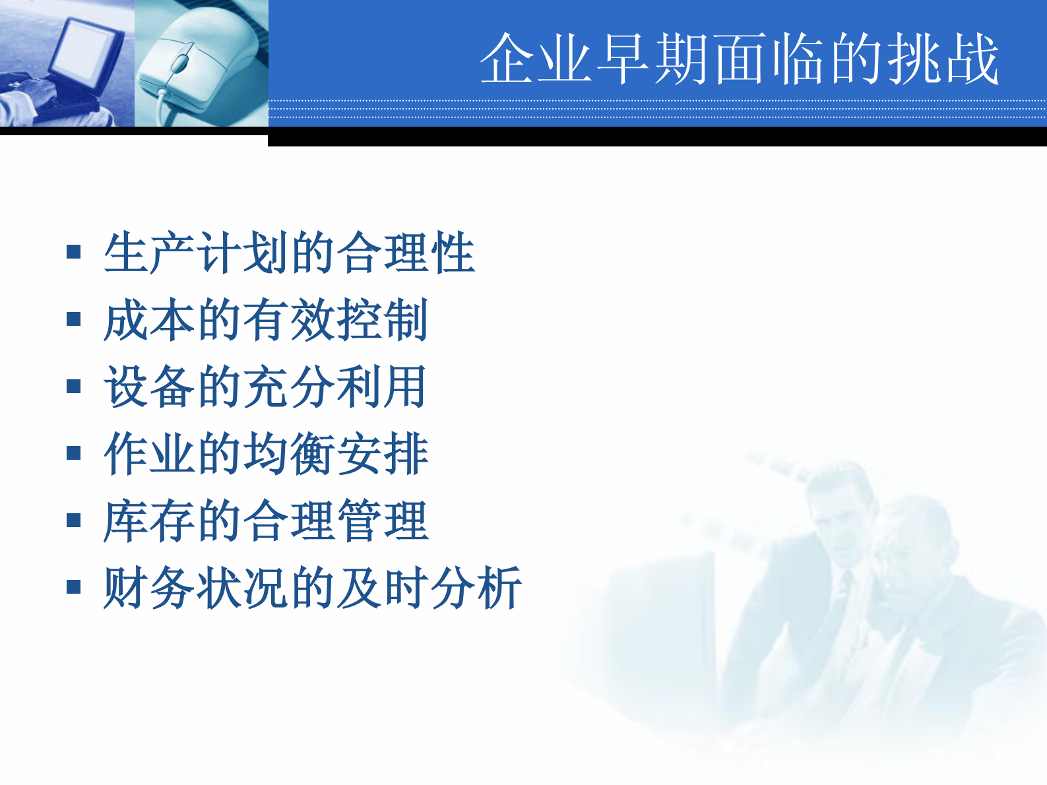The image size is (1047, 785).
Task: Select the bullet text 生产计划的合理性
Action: coord(289,253)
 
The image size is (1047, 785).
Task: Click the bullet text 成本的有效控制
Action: coord(266,320)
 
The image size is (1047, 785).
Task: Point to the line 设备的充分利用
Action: coord(265,387)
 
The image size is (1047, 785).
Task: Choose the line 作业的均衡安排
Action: coord(266,454)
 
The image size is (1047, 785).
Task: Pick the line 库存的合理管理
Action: coord(266,521)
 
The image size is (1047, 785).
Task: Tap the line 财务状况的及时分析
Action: coord(312,588)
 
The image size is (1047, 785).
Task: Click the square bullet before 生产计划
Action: coord(74,252)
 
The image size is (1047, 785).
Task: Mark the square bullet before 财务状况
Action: coord(74,587)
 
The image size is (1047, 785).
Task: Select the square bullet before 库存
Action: coord(74,520)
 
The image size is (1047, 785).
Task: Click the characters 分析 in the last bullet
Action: coord(475,588)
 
